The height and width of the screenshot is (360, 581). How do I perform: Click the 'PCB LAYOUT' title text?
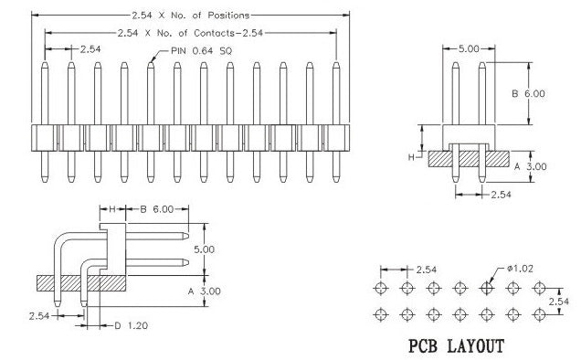(455, 347)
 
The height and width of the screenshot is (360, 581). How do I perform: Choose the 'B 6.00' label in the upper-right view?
(527, 93)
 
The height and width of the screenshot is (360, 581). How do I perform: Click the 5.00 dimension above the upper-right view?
(467, 48)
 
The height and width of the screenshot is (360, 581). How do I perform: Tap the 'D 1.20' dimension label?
(131, 325)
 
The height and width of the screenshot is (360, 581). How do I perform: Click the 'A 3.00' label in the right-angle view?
(203, 291)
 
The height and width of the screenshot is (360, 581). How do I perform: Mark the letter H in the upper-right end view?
(412, 158)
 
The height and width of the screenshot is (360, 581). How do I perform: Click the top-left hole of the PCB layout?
(380, 287)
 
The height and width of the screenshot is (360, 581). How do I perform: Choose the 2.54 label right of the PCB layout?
(559, 301)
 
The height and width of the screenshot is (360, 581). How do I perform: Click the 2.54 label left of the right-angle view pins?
(38, 315)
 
